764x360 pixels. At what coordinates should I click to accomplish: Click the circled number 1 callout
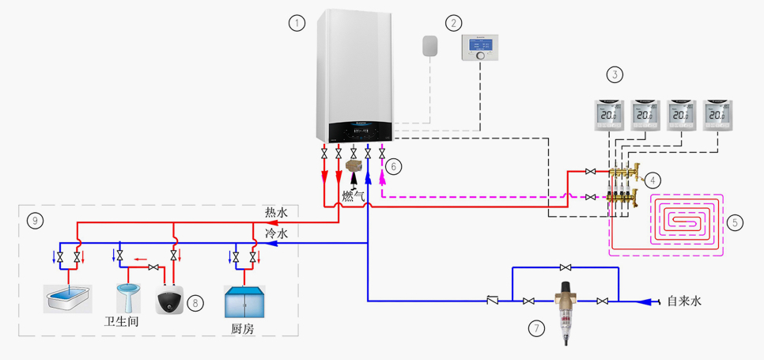(x=297, y=23)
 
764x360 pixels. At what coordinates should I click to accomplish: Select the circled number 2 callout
(x=453, y=23)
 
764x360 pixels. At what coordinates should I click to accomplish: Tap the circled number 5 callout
(x=735, y=222)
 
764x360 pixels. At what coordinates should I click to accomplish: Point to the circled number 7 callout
(x=537, y=326)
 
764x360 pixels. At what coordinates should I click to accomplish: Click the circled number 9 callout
(x=34, y=220)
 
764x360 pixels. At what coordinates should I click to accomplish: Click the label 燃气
(x=354, y=195)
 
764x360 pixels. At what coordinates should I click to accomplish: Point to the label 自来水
(x=684, y=301)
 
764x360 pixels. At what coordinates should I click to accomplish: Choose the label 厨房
(x=243, y=328)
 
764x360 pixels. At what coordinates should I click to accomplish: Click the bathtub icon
(x=68, y=298)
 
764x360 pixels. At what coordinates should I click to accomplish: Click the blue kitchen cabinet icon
(x=244, y=301)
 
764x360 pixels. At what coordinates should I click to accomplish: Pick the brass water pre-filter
(x=565, y=311)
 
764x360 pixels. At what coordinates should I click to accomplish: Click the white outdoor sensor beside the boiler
(x=430, y=46)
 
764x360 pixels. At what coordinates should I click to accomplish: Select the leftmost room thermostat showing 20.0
(x=608, y=116)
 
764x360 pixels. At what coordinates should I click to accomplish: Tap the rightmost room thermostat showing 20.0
(x=717, y=116)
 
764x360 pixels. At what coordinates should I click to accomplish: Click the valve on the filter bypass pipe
(x=565, y=267)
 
